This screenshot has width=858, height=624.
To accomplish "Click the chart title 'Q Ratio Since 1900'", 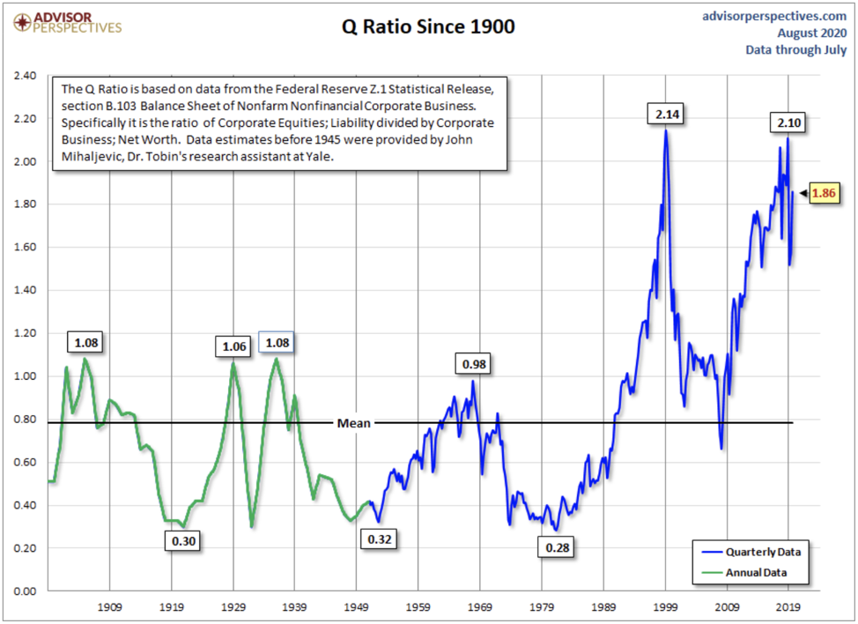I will click(x=428, y=27).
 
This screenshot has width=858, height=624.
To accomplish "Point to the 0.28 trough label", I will click(x=558, y=547).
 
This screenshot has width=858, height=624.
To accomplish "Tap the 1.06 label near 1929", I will click(x=233, y=346).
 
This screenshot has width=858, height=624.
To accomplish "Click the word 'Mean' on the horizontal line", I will click(x=354, y=423).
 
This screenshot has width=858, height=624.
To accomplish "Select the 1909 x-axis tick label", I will click(x=110, y=607).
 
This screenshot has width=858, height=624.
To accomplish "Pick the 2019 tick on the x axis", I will click(x=788, y=607).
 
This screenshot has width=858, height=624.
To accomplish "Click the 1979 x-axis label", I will click(x=542, y=607).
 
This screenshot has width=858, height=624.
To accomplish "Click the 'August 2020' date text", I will click(x=811, y=33).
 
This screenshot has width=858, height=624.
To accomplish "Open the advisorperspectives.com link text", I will click(x=775, y=16).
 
